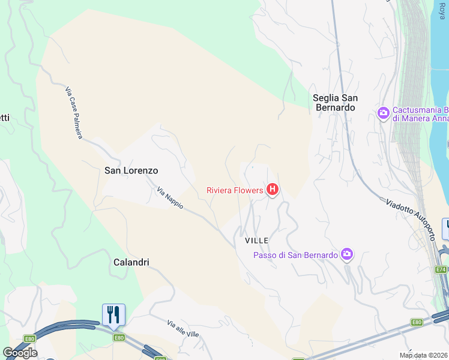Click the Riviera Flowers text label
click(x=235, y=190)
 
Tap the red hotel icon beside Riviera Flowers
click(x=273, y=190)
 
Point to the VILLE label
click(x=256, y=240)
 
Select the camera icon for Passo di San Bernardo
click(x=346, y=255)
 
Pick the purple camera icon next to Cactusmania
click(x=384, y=113)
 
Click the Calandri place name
click(x=131, y=262)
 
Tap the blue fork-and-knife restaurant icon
click(x=113, y=314)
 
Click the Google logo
click(x=20, y=352)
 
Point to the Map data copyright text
click(x=424, y=355)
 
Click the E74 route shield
click(x=441, y=269)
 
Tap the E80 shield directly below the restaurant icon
click(x=119, y=338)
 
